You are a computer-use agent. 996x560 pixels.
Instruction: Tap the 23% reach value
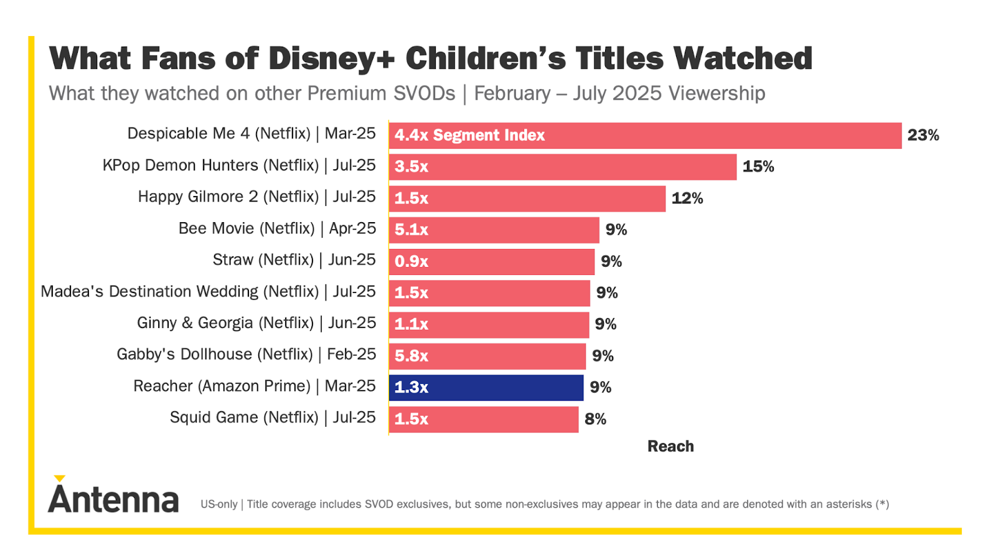(x=923, y=135)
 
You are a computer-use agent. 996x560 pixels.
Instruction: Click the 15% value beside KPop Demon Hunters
(x=758, y=167)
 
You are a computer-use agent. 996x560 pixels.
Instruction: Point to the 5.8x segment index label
(x=411, y=356)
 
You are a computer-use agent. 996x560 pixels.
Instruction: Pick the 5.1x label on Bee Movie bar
(x=411, y=230)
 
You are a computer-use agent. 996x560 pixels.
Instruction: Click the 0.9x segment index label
(x=411, y=261)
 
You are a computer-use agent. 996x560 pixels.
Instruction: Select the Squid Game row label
(x=273, y=418)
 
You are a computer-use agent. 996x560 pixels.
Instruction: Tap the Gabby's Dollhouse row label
(x=246, y=355)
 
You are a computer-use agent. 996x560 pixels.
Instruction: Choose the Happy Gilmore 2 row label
(x=256, y=197)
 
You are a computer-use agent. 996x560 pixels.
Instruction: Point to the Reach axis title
(x=670, y=446)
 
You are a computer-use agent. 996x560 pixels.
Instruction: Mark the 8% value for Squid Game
(x=595, y=419)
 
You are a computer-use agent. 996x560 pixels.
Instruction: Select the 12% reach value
(x=687, y=198)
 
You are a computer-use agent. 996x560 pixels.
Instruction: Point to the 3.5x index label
(x=411, y=167)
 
